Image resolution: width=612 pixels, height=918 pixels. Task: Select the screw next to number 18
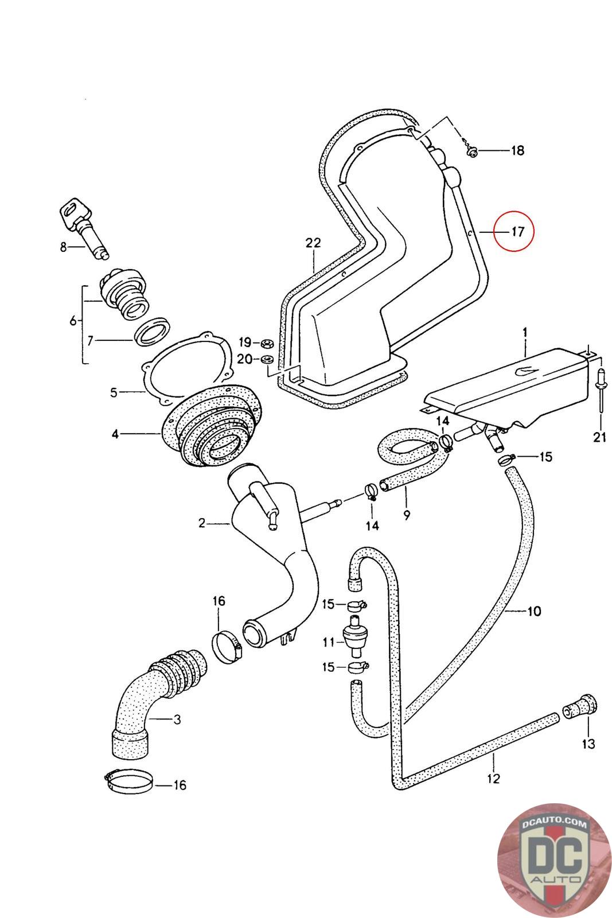tap(472, 150)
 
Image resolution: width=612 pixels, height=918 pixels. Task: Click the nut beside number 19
tap(266, 343)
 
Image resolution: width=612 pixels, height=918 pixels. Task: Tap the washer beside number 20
tap(266, 360)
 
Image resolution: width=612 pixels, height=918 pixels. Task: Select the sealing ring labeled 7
tap(153, 332)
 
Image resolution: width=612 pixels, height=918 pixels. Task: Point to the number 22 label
tap(313, 243)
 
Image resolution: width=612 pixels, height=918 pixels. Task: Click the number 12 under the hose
tap(493, 779)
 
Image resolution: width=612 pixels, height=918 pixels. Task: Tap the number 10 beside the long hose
tap(533, 612)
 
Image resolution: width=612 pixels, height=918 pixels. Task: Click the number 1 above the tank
tap(524, 332)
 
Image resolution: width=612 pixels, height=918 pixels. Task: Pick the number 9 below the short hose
tap(407, 515)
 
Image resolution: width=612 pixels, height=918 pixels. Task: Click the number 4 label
tap(115, 434)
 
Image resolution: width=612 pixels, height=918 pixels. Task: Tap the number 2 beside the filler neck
tap(201, 523)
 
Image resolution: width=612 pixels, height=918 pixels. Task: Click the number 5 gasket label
tap(114, 392)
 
